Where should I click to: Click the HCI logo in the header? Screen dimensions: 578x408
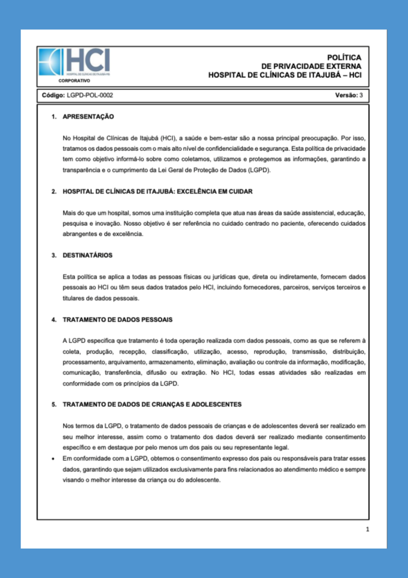74,62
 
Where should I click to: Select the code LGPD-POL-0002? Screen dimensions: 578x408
90,95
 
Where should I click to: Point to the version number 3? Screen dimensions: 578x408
361,95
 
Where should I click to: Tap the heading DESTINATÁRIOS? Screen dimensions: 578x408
87,256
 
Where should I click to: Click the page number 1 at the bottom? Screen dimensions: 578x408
367,529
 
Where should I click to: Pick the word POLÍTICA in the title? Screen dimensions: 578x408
344,58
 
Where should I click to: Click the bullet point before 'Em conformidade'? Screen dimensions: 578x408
53,459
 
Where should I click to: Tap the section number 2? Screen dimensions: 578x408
54,192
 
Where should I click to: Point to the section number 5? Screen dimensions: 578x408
54,405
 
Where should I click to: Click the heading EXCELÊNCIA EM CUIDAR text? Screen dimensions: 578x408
211,192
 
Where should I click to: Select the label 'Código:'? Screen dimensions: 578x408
54,95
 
